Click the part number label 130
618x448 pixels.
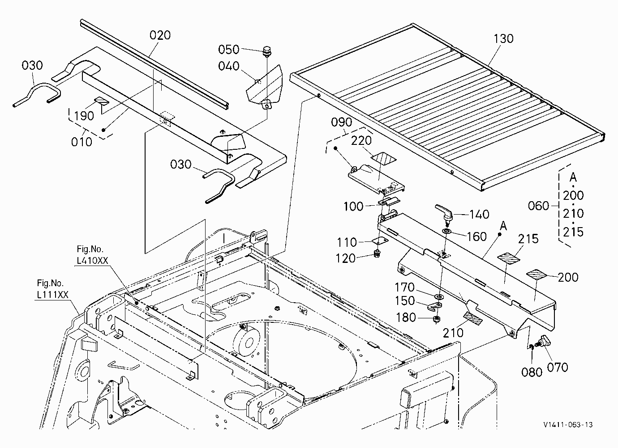pos(503,39)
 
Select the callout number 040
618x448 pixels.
pos(228,66)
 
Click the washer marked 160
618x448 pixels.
pos(446,231)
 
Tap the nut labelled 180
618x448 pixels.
pos(436,319)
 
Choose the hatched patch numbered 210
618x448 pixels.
pos(473,318)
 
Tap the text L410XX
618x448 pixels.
pos(92,261)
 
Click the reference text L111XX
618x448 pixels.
pos(52,295)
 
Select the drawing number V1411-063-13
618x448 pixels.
pos(568,425)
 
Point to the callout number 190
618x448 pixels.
pos(84,116)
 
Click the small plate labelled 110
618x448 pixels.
pos(380,241)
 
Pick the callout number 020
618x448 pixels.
pos(160,35)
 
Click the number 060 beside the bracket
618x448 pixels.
pos(538,206)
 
